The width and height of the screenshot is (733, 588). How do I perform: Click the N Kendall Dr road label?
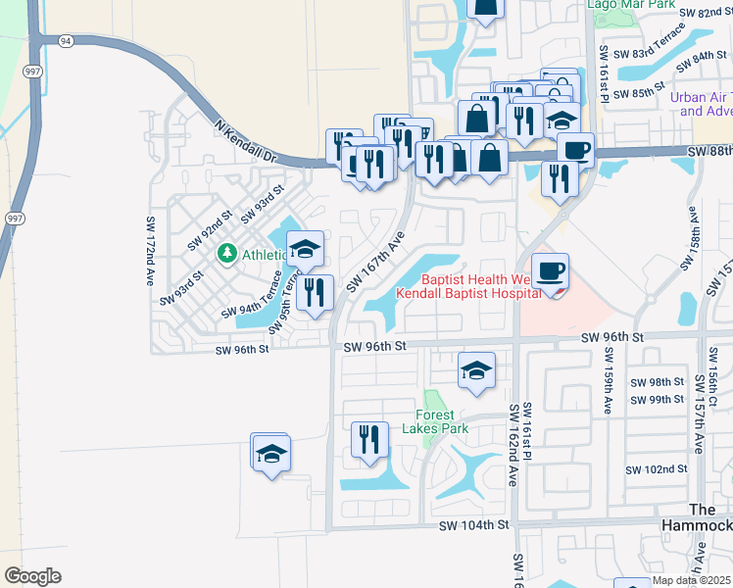click(x=246, y=142)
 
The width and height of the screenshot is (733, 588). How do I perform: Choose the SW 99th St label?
click(x=657, y=400)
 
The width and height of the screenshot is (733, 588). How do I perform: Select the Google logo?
click(x=32, y=576)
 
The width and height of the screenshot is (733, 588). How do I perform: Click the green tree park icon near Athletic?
click(x=227, y=255)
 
